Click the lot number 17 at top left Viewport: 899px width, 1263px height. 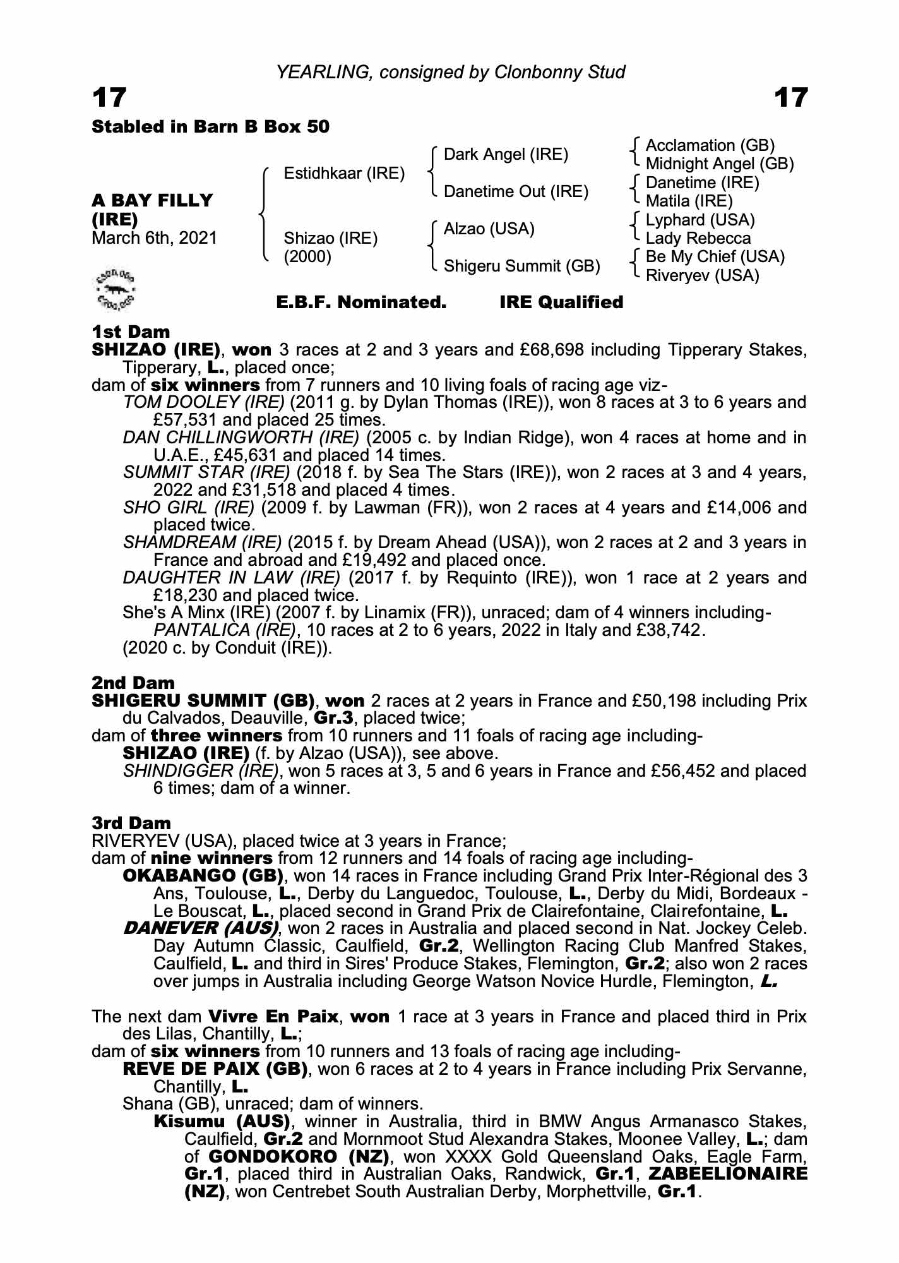click(x=109, y=98)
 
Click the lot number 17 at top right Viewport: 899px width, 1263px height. click(x=790, y=98)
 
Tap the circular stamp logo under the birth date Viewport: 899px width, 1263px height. click(x=116, y=289)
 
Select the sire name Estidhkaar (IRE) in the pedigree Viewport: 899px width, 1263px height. click(x=344, y=174)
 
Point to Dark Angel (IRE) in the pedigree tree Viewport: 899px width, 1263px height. click(x=506, y=155)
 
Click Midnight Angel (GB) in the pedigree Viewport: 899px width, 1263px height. click(x=719, y=164)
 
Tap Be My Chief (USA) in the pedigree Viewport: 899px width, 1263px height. click(x=715, y=257)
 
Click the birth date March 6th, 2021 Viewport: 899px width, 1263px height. click(x=155, y=238)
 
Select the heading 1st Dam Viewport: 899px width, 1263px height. click(x=131, y=332)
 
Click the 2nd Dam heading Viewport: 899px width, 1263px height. click(x=133, y=683)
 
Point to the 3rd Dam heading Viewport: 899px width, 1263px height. click(x=131, y=823)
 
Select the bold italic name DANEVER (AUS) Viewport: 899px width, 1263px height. click(x=201, y=929)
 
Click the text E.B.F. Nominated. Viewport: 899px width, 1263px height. click(x=361, y=302)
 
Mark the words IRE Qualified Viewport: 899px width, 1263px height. click(x=561, y=302)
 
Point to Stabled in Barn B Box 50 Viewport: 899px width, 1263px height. click(x=211, y=127)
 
